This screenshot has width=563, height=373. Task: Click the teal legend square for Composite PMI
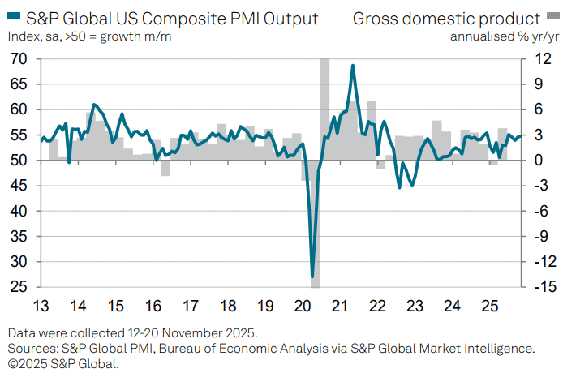click(10, 18)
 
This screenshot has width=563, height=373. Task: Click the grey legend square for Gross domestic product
click(552, 18)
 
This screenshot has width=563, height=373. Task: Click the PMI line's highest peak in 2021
click(353, 66)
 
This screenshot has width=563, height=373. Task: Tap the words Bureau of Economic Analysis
click(243, 348)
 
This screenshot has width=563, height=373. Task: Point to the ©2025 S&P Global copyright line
click(64, 363)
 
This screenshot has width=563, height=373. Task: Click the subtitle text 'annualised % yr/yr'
click(503, 36)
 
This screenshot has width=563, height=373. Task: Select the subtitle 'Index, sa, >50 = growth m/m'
click(90, 36)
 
